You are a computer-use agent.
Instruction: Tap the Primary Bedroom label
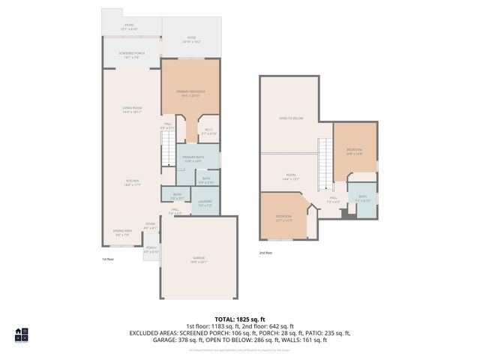(x=190, y=93)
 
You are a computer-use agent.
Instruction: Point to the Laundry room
(x=205, y=203)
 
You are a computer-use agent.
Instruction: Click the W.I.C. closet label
(x=208, y=130)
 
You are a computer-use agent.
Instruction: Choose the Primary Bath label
(x=193, y=158)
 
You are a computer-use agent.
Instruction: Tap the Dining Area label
(x=122, y=233)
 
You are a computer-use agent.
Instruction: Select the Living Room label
(x=132, y=109)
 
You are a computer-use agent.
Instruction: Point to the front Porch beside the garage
(x=151, y=249)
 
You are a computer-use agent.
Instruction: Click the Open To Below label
(x=290, y=118)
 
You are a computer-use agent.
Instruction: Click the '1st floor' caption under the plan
(x=108, y=259)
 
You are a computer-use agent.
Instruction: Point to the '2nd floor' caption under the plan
(x=266, y=253)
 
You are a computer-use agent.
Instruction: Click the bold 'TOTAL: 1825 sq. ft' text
(x=239, y=319)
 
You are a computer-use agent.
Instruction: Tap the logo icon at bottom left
(x=21, y=335)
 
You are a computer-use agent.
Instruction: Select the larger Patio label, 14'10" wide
(x=190, y=40)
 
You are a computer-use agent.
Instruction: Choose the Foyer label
(x=150, y=225)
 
